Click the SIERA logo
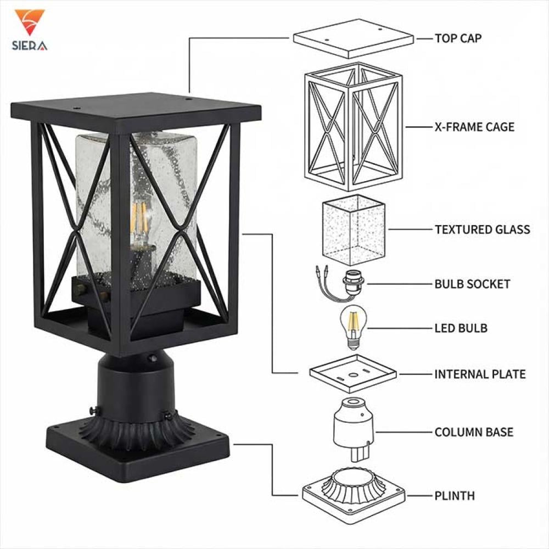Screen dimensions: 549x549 pyautogui.click(x=30, y=31)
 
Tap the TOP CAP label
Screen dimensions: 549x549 pyautogui.click(x=458, y=38)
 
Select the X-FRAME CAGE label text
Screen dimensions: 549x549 pyautogui.click(x=474, y=127)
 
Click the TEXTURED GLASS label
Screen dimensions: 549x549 pyautogui.click(x=482, y=229)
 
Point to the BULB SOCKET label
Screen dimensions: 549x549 pyautogui.click(x=472, y=284)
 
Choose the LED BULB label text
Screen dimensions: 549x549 pyautogui.click(x=461, y=328)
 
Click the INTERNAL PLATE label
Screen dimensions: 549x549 pyautogui.click(x=480, y=374)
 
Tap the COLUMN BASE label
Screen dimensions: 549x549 pyautogui.click(x=474, y=432)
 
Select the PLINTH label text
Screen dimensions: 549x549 pyautogui.click(x=454, y=496)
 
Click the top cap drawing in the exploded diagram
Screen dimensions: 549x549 pyautogui.click(x=353, y=38)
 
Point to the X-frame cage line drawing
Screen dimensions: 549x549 pyautogui.click(x=353, y=126)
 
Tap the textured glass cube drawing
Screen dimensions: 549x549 pyautogui.click(x=353, y=229)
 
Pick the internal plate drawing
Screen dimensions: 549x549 pyautogui.click(x=353, y=373)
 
